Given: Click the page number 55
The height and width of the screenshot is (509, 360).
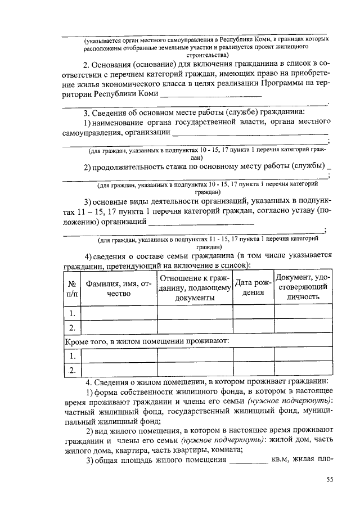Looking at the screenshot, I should (330, 479).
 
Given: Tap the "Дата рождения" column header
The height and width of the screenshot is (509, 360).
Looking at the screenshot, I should (253, 287).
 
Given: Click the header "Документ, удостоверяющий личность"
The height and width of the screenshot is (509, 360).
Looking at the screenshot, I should (302, 287).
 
